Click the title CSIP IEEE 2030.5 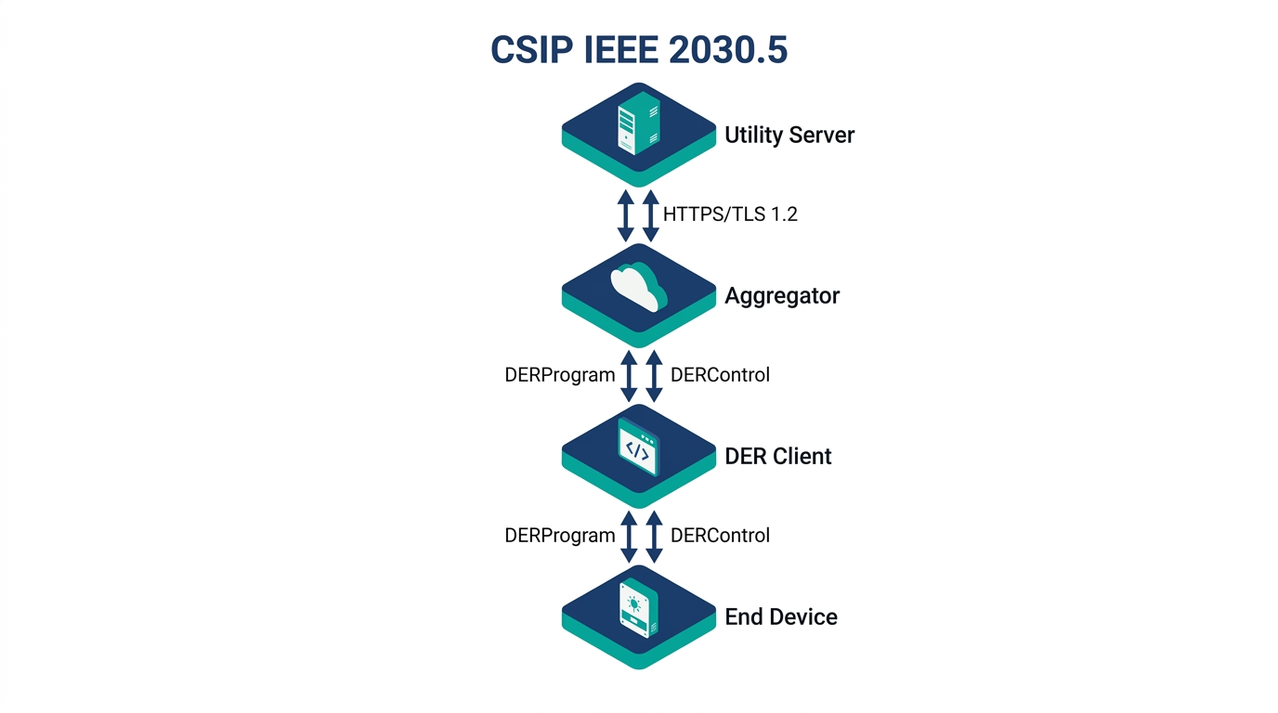point(639,51)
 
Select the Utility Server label point(789,136)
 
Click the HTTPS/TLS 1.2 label point(730,214)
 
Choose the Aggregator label point(782,296)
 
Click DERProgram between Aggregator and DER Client point(560,375)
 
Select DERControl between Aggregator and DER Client point(720,375)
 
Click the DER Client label point(778,457)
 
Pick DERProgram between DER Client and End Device point(560,536)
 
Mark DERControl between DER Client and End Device point(720,536)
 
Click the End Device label point(781,617)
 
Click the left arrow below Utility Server point(626,214)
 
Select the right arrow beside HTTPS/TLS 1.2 point(651,214)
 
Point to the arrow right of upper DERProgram point(629,375)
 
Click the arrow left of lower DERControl point(654,536)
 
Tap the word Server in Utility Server point(822,136)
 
